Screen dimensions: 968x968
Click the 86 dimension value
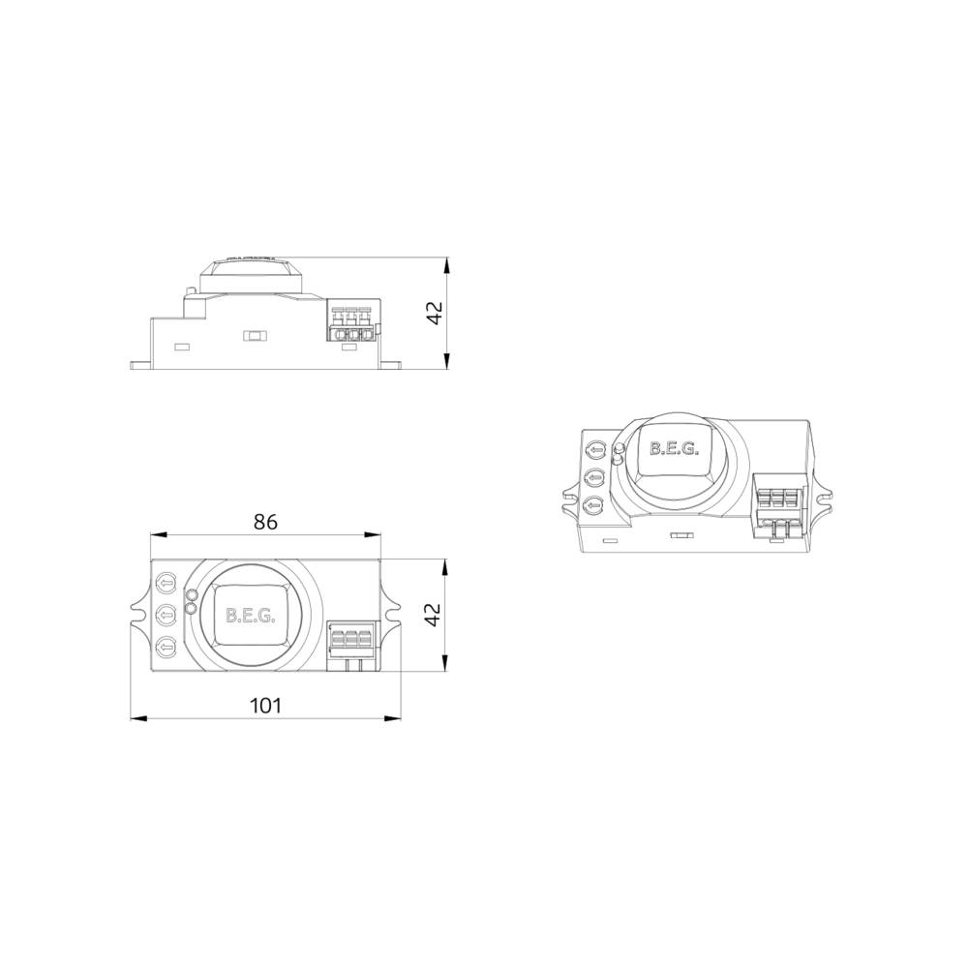pos(265,522)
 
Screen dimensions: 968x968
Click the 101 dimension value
pos(265,706)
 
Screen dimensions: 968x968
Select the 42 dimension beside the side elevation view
pos(435,313)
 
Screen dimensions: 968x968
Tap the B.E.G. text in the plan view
pos(250,615)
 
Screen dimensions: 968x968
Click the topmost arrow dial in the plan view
pos(166,584)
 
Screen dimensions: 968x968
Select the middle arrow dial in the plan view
pos(166,614)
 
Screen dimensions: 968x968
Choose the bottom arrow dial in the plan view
pos(166,646)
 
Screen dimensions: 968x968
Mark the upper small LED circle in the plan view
pos(192,596)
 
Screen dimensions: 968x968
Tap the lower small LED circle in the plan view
pos(191,609)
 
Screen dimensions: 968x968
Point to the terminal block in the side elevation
pos(351,323)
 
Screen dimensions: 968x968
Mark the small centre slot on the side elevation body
pos(255,336)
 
